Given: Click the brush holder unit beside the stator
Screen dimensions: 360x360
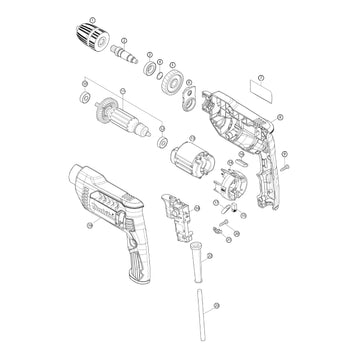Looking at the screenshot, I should pos(230,178).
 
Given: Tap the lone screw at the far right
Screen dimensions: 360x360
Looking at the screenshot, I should pos(285,166).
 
